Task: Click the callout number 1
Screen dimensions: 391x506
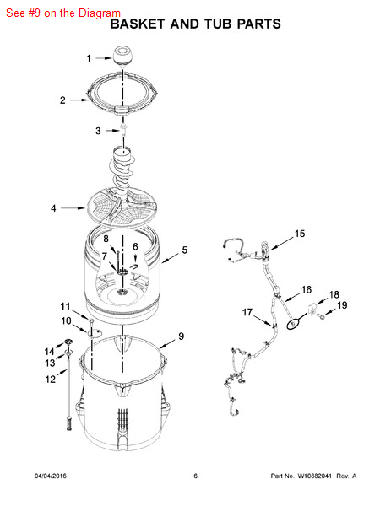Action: (x=89, y=58)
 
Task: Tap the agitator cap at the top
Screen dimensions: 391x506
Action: (x=122, y=56)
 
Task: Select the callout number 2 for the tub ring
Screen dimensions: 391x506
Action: (x=62, y=100)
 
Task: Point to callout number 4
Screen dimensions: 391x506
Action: (x=53, y=208)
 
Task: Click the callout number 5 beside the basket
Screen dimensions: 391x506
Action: (x=184, y=250)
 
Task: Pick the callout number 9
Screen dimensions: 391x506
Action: (x=181, y=336)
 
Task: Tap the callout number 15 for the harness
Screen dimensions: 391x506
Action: (x=300, y=234)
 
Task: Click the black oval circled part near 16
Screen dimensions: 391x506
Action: (x=292, y=323)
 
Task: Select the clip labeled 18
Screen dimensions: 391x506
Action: (x=312, y=310)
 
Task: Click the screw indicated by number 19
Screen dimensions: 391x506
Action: (x=321, y=316)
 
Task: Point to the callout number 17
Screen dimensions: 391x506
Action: (x=247, y=312)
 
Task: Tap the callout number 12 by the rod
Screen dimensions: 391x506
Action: (x=51, y=379)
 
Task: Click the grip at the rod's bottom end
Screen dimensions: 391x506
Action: (x=69, y=423)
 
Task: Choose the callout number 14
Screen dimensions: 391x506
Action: (x=50, y=351)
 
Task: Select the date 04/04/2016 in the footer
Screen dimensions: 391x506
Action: (x=51, y=476)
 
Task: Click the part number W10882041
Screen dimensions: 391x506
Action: (x=314, y=476)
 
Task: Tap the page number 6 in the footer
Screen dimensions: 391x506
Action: (x=196, y=476)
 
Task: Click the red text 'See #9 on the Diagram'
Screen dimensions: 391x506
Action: (x=63, y=13)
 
